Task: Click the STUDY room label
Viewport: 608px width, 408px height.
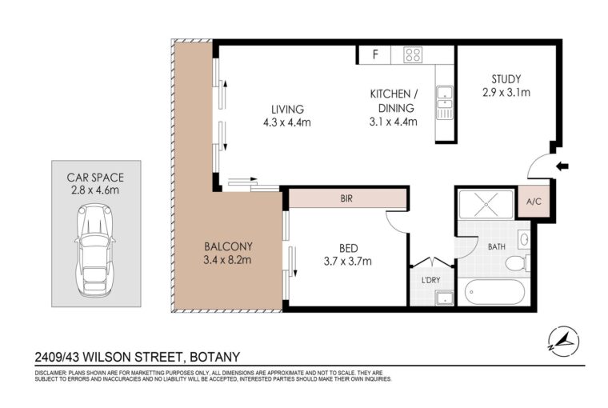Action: click(506, 79)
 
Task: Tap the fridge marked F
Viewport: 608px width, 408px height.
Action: click(374, 54)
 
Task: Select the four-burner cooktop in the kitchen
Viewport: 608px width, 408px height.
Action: click(413, 54)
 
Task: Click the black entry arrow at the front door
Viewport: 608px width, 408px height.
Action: click(562, 166)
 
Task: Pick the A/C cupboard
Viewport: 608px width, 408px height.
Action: click(534, 202)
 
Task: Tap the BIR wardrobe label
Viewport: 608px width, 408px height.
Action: click(346, 198)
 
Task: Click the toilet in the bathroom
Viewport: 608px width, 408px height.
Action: click(518, 263)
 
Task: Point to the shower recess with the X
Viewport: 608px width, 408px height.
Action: click(486, 204)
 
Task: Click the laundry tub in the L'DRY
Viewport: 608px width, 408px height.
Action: click(444, 298)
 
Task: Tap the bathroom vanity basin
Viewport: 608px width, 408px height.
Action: click(523, 239)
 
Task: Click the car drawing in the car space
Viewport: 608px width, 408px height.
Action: click(94, 250)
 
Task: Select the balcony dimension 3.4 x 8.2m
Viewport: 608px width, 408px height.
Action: click(227, 260)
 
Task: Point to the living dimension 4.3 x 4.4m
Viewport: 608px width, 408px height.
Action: click(287, 122)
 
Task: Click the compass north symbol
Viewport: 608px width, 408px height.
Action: click(565, 341)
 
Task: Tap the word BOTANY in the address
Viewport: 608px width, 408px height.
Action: click(215, 357)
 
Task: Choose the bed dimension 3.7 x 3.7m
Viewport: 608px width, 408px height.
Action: click(348, 261)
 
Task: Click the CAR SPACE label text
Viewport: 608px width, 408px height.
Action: click(95, 178)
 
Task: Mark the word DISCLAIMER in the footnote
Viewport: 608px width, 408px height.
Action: click(50, 373)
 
